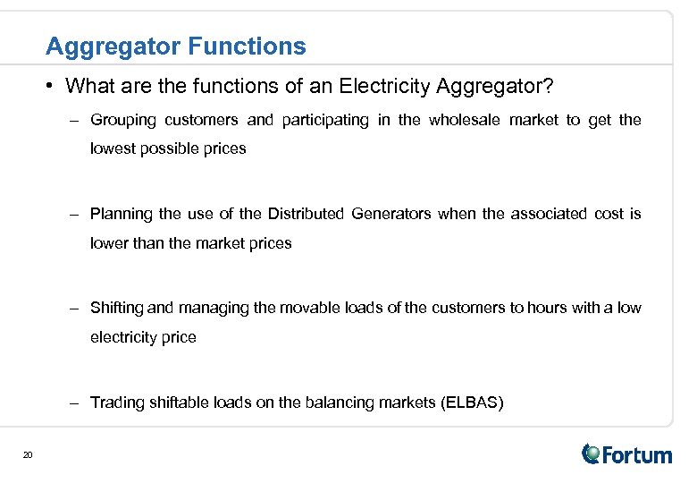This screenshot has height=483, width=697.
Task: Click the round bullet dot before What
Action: coord(54,86)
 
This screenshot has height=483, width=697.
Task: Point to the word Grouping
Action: coord(123,120)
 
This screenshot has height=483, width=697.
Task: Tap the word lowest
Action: coord(113,148)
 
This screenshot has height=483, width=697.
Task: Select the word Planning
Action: coord(122,214)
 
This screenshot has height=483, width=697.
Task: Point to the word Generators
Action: coord(390,214)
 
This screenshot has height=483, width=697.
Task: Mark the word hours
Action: coord(548,308)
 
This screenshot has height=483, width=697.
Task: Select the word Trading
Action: coord(116,402)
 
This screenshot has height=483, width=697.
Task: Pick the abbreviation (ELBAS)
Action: coord(472,402)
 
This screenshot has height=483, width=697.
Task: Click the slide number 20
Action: coord(28,456)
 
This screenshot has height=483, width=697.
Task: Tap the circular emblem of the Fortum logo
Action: coord(592,453)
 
